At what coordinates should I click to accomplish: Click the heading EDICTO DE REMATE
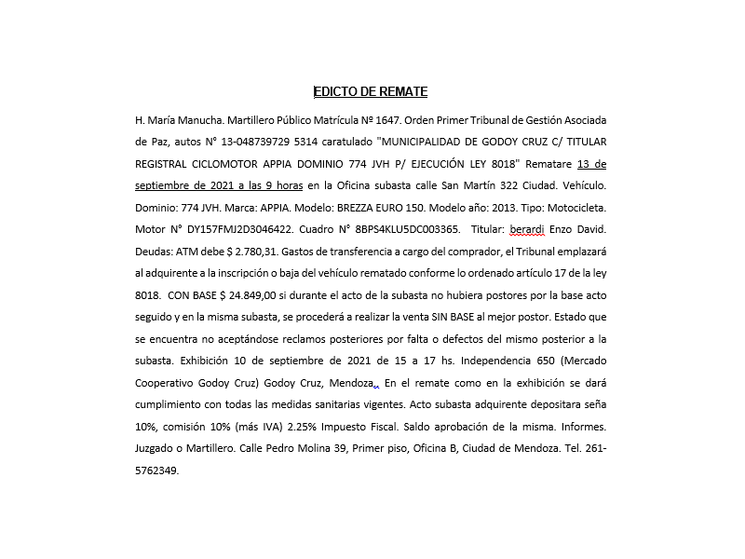pos(371,91)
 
